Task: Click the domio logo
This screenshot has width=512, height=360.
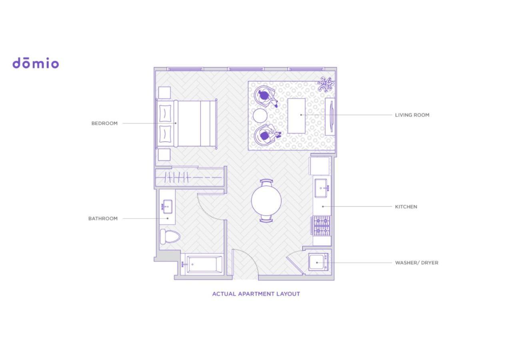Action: [x=36, y=63]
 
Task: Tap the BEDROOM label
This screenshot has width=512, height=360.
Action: [x=104, y=124]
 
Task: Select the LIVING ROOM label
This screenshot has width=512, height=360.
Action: [x=412, y=115]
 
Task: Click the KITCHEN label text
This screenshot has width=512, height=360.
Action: [x=406, y=207]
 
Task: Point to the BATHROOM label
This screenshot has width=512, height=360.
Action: [x=103, y=218]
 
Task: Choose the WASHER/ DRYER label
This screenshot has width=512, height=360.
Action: [x=417, y=263]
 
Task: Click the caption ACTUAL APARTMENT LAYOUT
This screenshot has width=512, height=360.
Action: [x=256, y=294]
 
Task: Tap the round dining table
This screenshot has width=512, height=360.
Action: [x=266, y=200]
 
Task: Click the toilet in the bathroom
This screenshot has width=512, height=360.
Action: [x=170, y=237]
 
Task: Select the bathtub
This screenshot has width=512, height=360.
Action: [x=202, y=264]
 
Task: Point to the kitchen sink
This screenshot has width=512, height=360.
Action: [x=322, y=188]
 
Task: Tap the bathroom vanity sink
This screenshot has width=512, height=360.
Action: [x=167, y=207]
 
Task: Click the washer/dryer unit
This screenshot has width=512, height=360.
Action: [x=318, y=262]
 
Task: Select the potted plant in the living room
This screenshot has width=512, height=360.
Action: [x=325, y=84]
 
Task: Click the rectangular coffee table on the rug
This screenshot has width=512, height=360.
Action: [x=296, y=116]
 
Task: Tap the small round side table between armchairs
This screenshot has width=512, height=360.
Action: [x=260, y=116]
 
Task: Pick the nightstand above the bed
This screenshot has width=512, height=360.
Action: [x=164, y=93]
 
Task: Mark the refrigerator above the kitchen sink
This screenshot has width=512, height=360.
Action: [x=320, y=166]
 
